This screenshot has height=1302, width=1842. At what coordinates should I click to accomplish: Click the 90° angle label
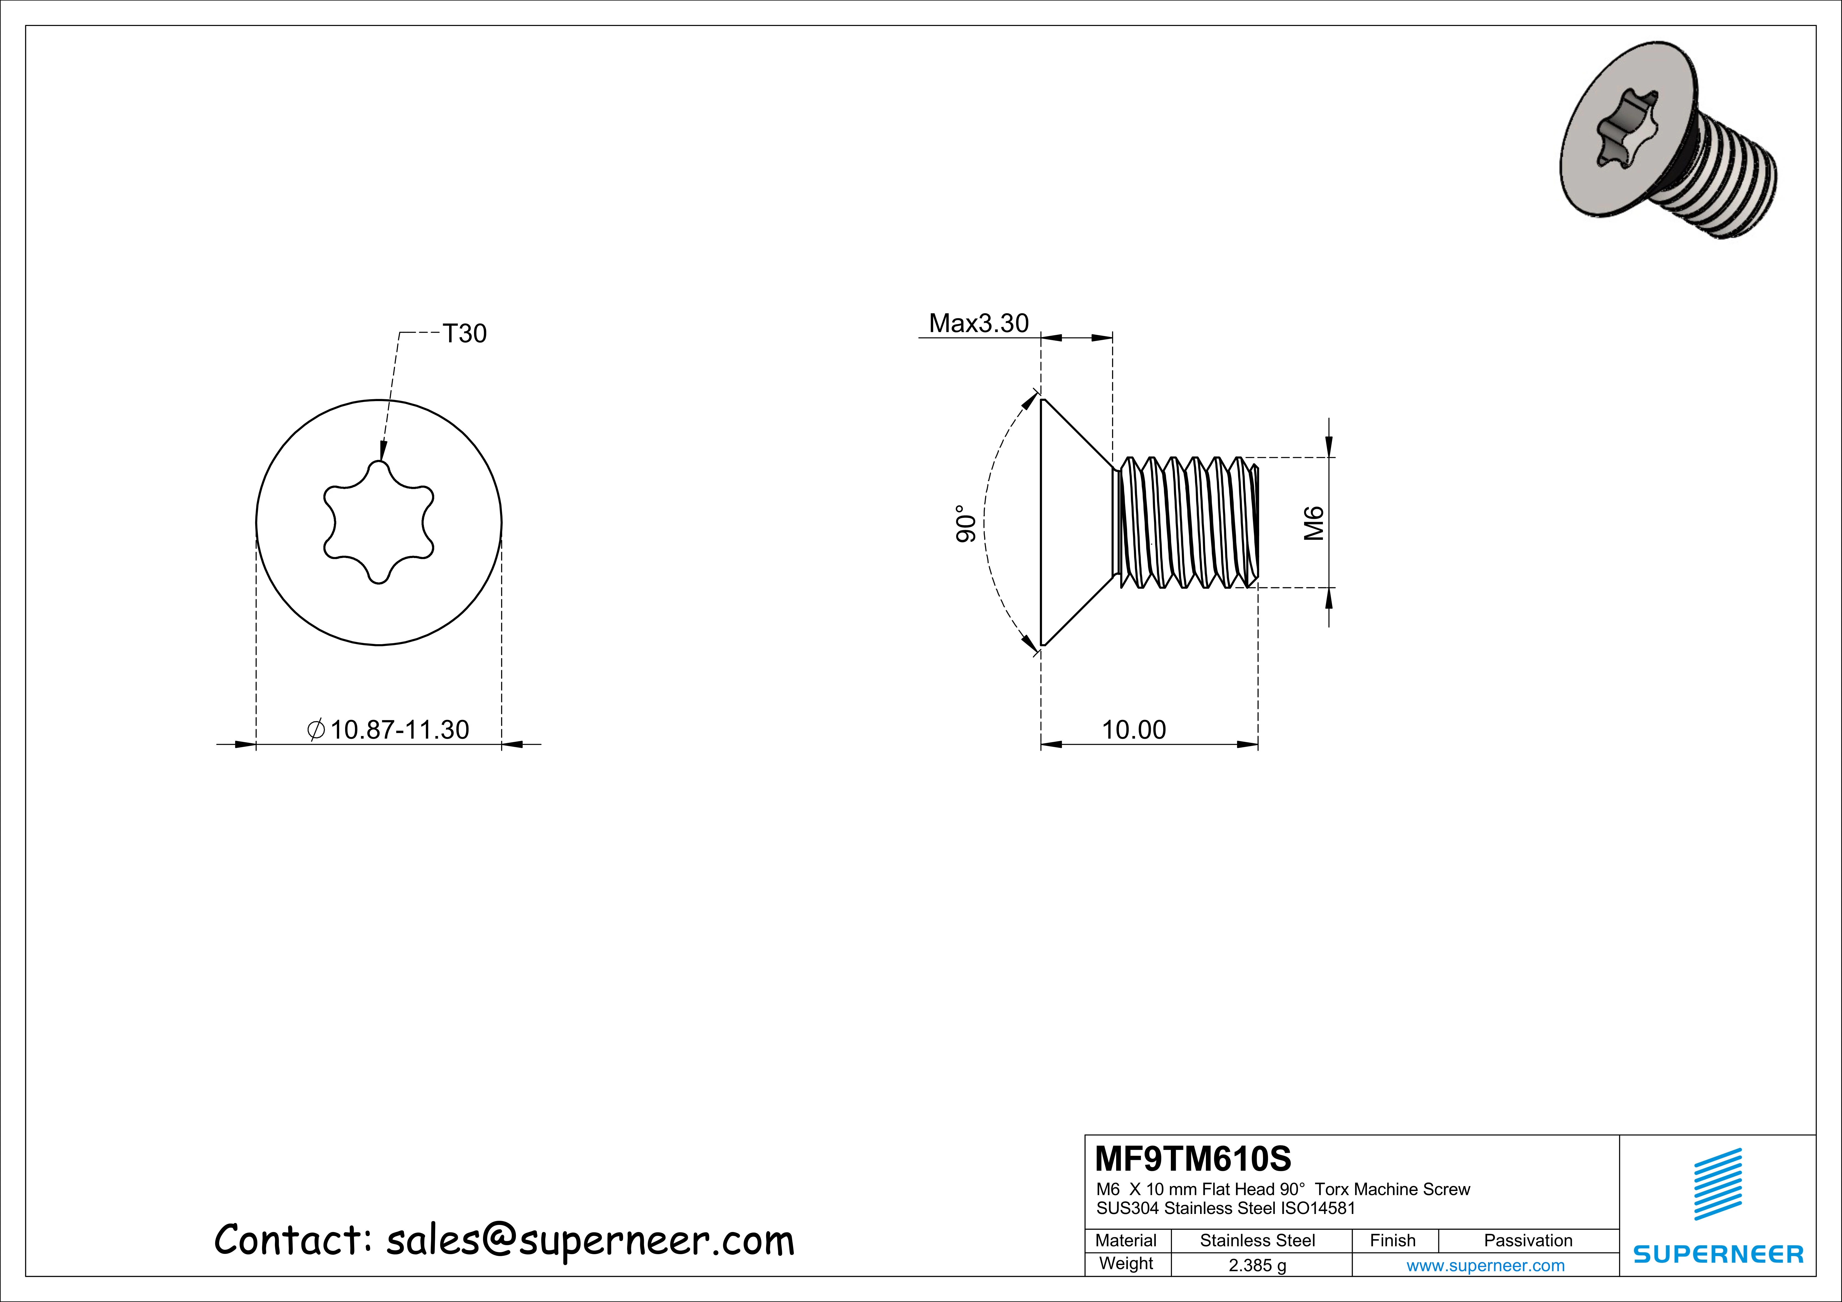click(966, 523)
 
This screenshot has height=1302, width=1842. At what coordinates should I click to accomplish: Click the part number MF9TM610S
click(1193, 1158)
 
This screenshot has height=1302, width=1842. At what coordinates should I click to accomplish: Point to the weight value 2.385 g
click(1257, 1265)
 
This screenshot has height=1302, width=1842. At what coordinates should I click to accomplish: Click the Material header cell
click(1126, 1240)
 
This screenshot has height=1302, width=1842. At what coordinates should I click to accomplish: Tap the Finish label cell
click(1393, 1240)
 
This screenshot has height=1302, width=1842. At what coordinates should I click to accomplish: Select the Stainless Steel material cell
click(1257, 1240)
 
